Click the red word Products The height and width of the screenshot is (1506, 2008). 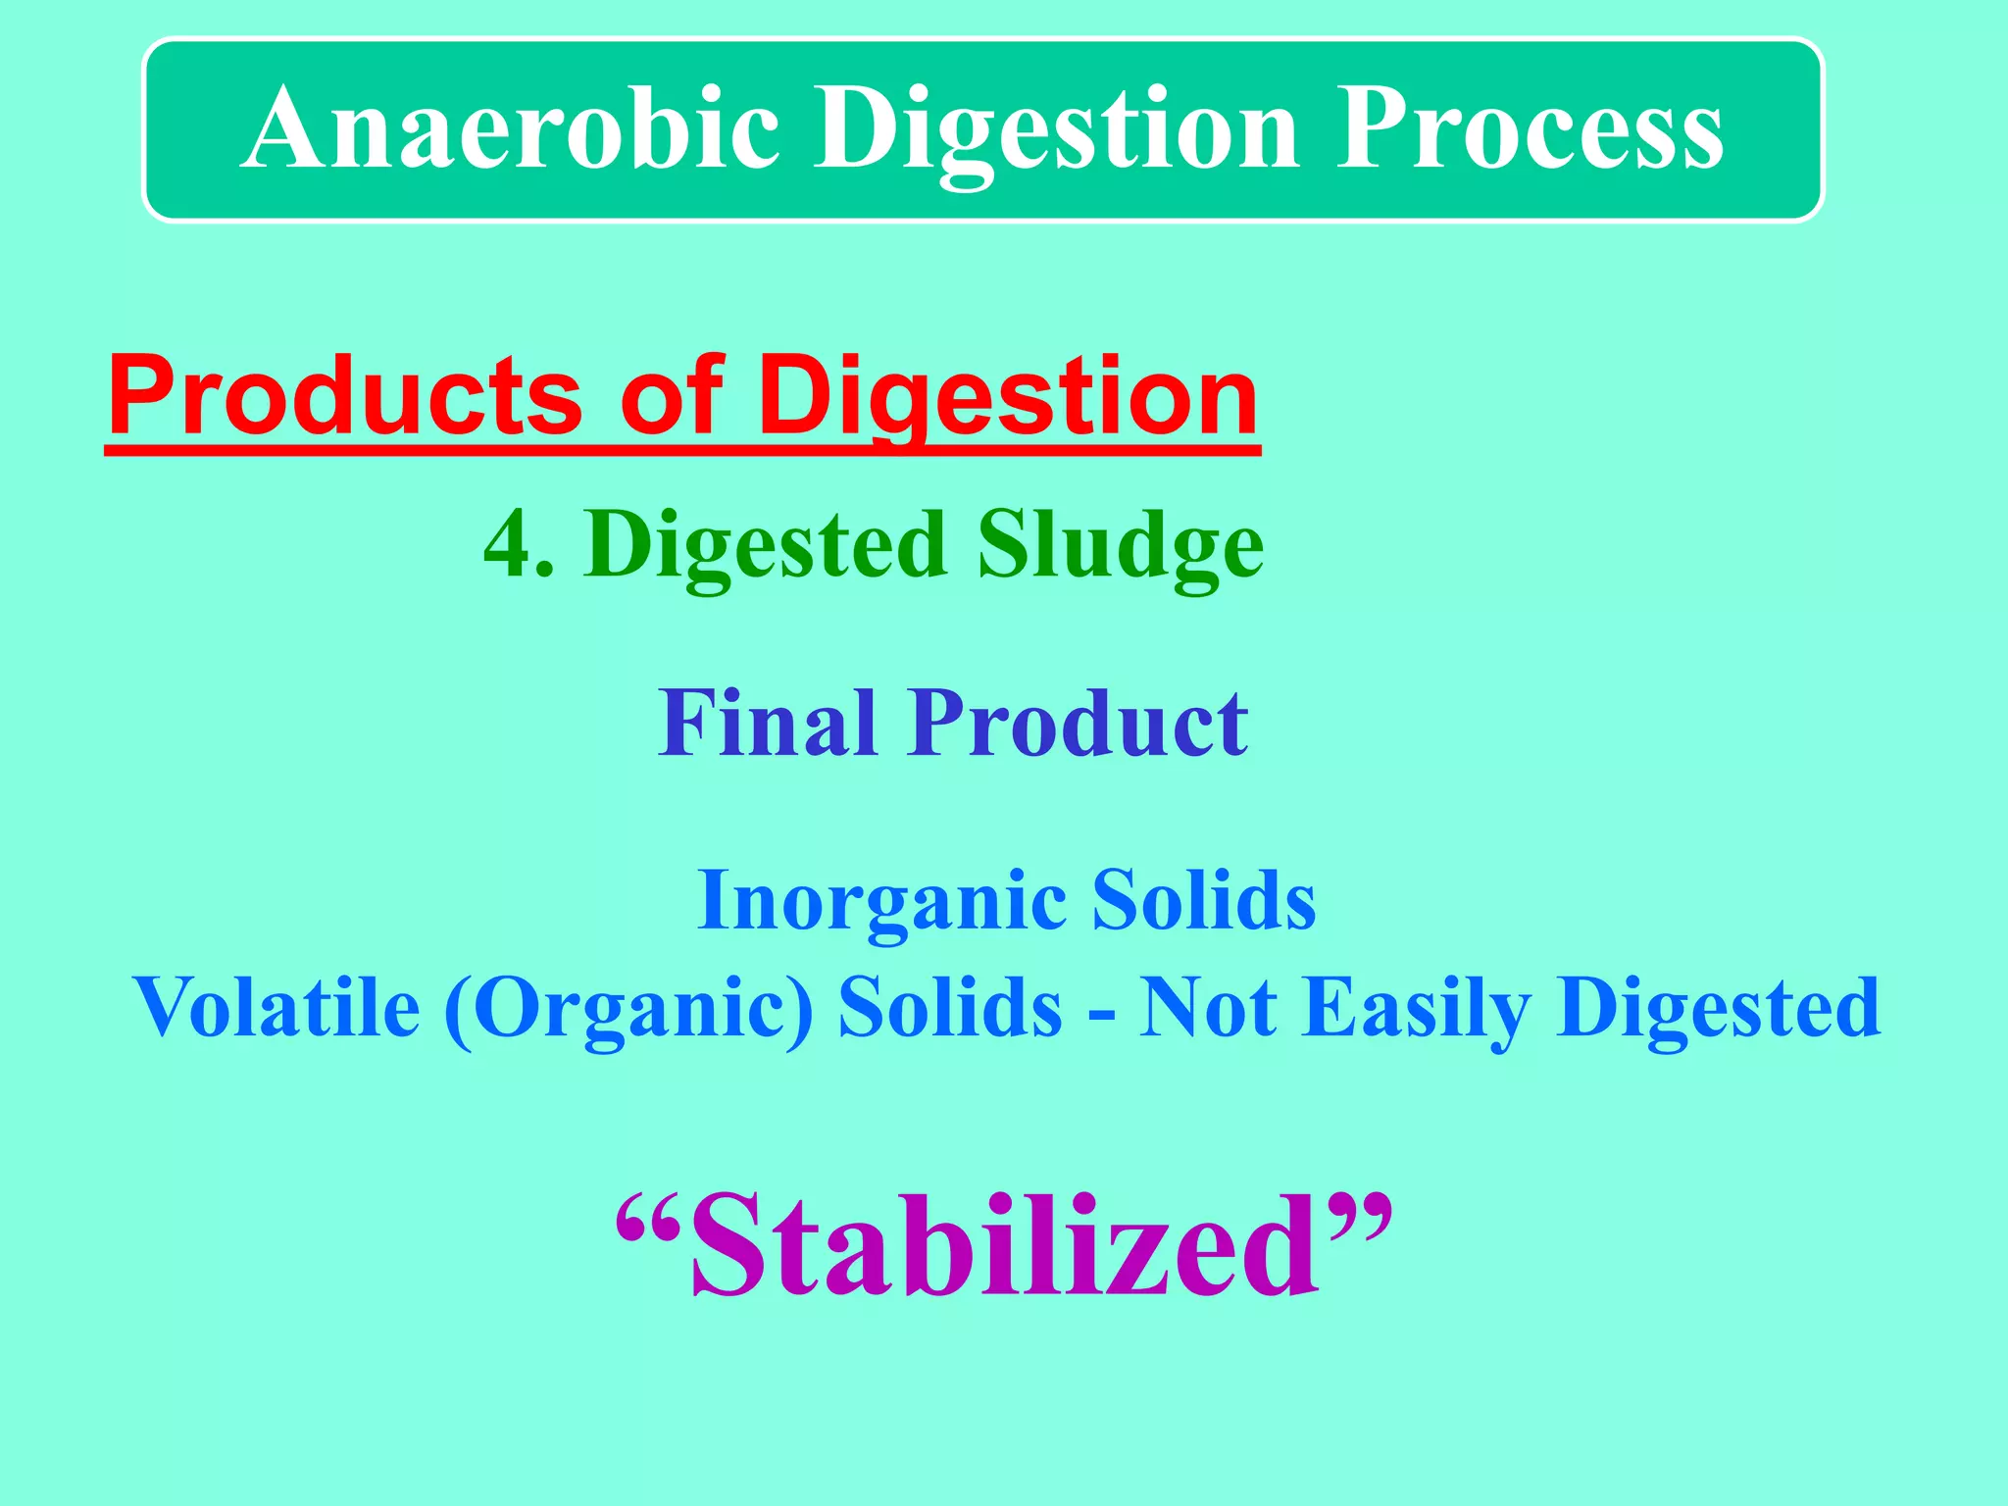pos(346,397)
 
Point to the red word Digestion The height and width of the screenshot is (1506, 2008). pos(1008,397)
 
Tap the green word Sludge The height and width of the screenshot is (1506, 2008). pos(1120,546)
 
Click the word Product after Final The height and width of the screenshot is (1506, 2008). pos(1079,724)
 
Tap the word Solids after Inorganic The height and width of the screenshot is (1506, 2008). pos(1204,900)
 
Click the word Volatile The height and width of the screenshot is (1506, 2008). pos(276,1008)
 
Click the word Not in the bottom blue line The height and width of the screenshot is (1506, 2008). pos(1208,1008)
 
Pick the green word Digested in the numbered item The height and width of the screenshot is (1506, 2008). pos(766,546)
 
